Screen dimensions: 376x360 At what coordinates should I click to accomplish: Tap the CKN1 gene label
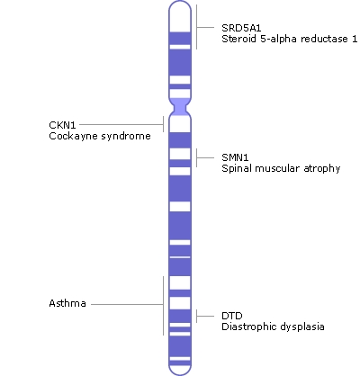(x=62, y=124)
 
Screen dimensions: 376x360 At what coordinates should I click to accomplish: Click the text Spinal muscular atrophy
(x=280, y=168)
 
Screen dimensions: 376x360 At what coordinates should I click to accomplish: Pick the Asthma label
(x=67, y=304)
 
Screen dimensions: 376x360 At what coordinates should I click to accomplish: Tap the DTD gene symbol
(x=232, y=316)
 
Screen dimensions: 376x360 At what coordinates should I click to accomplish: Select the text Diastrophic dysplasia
(x=273, y=327)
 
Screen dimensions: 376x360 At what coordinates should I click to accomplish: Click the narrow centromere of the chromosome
(x=180, y=108)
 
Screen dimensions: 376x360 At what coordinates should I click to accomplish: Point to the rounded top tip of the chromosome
(x=180, y=7)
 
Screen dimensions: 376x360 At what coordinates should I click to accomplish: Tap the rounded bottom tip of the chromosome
(x=180, y=368)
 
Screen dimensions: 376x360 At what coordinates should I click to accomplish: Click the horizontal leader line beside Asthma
(x=126, y=304)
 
